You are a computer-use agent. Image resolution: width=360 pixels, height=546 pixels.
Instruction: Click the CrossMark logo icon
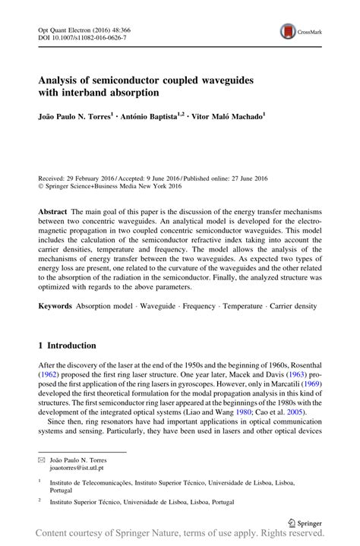[x=289, y=31]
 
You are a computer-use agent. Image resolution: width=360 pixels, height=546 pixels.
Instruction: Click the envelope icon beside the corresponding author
[x=42, y=460]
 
